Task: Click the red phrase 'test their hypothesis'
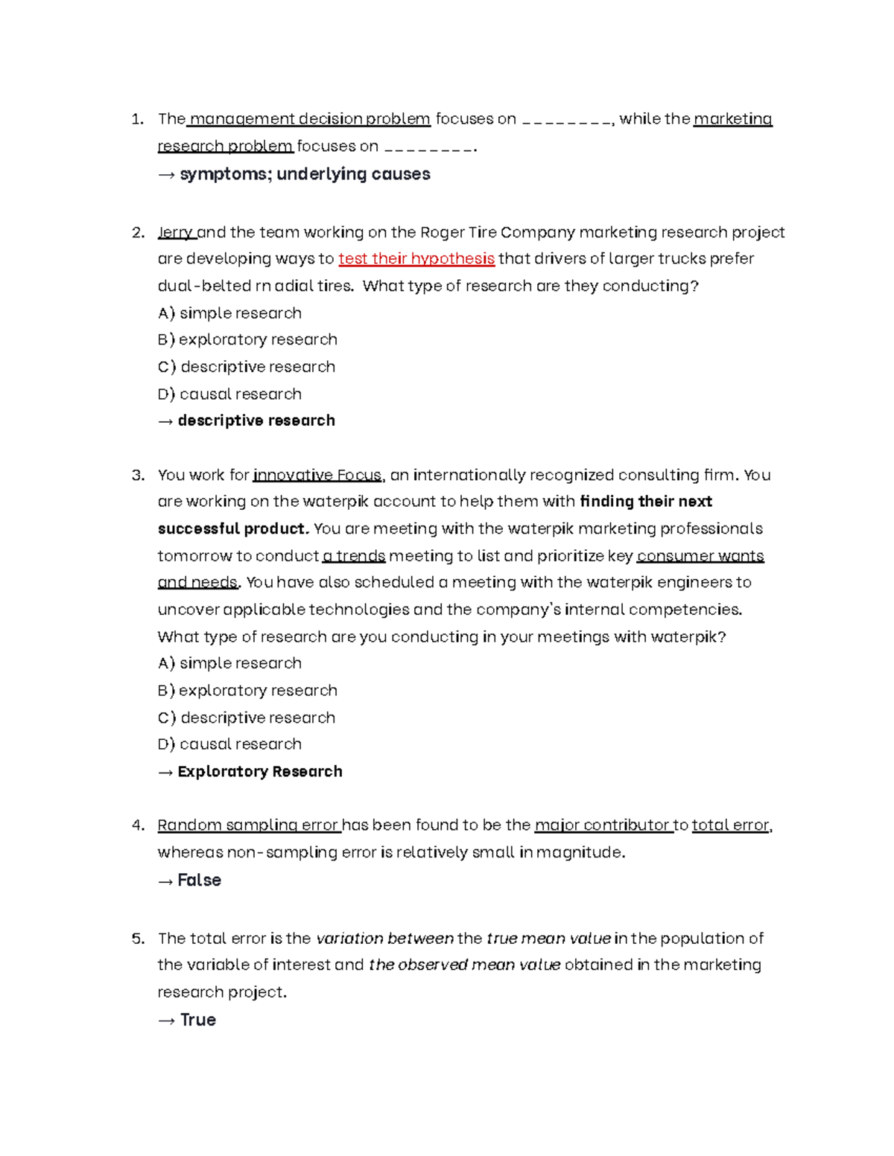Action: (x=416, y=259)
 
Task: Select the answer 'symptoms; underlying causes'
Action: (x=305, y=174)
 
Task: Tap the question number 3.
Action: (x=138, y=476)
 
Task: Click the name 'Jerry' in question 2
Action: (x=176, y=232)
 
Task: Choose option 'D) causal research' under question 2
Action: (x=229, y=394)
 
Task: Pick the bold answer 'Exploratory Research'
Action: (x=259, y=772)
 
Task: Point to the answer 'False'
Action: (x=199, y=881)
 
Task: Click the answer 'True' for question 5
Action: (x=197, y=1021)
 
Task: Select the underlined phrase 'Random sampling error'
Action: (x=249, y=826)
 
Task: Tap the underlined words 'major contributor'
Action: (x=603, y=826)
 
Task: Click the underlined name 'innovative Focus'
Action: (x=317, y=476)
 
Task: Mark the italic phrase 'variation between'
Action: (x=384, y=939)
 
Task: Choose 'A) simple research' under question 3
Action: (x=229, y=663)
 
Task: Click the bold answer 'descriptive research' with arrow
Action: (x=256, y=421)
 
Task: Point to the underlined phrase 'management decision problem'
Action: (x=309, y=119)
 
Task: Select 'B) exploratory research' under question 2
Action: (x=247, y=339)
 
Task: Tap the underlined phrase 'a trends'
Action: (x=354, y=556)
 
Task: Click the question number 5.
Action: (x=138, y=939)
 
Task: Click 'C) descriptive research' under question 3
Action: (x=247, y=718)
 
